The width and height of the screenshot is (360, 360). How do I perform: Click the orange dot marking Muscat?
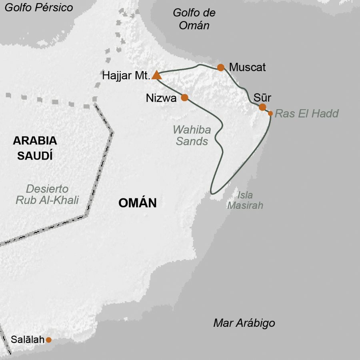[x=220, y=67]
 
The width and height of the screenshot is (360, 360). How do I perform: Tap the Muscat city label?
[x=247, y=67]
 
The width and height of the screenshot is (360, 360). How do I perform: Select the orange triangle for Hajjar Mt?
[x=156, y=75]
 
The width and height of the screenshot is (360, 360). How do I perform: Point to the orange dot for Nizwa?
[x=184, y=97]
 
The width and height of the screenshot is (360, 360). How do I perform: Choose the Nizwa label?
[x=161, y=98]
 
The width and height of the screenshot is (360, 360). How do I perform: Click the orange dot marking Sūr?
[x=262, y=107]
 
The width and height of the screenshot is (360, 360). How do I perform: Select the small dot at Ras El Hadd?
[x=270, y=114]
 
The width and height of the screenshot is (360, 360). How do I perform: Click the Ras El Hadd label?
[x=307, y=114]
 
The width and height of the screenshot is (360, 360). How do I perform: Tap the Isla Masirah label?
[x=245, y=200]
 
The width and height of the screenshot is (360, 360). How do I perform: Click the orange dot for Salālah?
[x=49, y=340]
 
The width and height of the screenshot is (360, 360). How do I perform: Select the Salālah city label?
[x=25, y=340]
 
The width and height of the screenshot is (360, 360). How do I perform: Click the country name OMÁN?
[x=137, y=203]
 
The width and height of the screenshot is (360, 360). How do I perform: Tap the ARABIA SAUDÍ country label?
[x=35, y=148]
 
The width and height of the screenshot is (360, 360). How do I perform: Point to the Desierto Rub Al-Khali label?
[x=47, y=194]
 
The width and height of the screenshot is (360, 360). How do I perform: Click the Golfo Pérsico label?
[x=39, y=8]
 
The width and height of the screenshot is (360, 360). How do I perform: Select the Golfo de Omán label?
[x=194, y=19]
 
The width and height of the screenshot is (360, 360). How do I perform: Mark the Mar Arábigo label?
[x=244, y=323]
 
